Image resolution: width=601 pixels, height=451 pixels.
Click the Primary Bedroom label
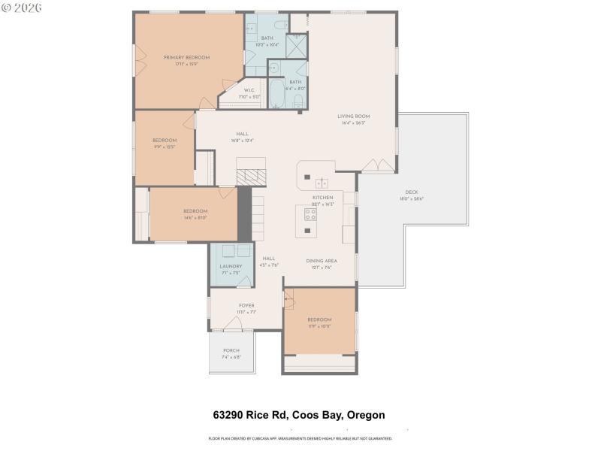click(x=186, y=58)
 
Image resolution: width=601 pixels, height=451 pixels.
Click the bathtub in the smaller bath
click(x=276, y=94)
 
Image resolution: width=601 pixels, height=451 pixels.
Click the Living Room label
click(x=353, y=117)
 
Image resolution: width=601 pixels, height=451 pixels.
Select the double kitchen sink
click(x=322, y=183)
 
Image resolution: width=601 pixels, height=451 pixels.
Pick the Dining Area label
click(x=322, y=261)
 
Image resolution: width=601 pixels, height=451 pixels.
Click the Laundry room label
click(x=231, y=266)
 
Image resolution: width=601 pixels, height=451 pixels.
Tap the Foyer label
click(x=246, y=306)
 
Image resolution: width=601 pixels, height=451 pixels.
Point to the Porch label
click(x=231, y=351)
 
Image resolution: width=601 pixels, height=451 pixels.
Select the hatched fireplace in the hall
click(x=251, y=177)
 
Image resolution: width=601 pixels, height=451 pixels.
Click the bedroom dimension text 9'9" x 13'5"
click(x=165, y=147)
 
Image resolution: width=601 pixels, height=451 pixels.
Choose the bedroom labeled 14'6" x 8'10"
click(x=195, y=214)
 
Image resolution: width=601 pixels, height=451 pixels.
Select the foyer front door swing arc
click(x=231, y=323)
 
